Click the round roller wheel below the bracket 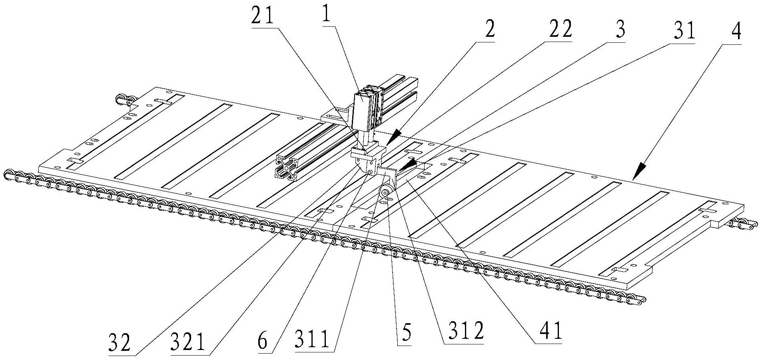[x=385, y=193]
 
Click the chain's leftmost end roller [x=8, y=175]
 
